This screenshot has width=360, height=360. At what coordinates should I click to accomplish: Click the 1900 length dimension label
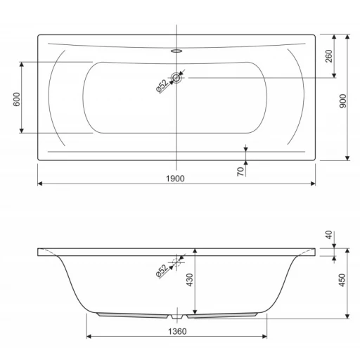point(175,179)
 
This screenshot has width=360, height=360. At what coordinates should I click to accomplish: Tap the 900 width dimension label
point(342,101)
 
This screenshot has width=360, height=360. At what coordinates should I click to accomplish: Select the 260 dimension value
point(329,56)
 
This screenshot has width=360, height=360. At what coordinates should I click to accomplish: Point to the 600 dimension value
point(17,99)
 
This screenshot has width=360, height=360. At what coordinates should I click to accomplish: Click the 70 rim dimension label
point(240,172)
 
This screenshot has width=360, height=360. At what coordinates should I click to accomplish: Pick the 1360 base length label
point(177,331)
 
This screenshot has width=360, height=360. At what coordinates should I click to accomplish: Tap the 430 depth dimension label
point(189,280)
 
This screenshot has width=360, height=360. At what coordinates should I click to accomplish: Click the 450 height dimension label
point(342,280)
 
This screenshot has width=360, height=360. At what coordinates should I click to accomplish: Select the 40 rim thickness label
point(329,235)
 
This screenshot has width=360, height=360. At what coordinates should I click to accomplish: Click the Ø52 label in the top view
point(162,86)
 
